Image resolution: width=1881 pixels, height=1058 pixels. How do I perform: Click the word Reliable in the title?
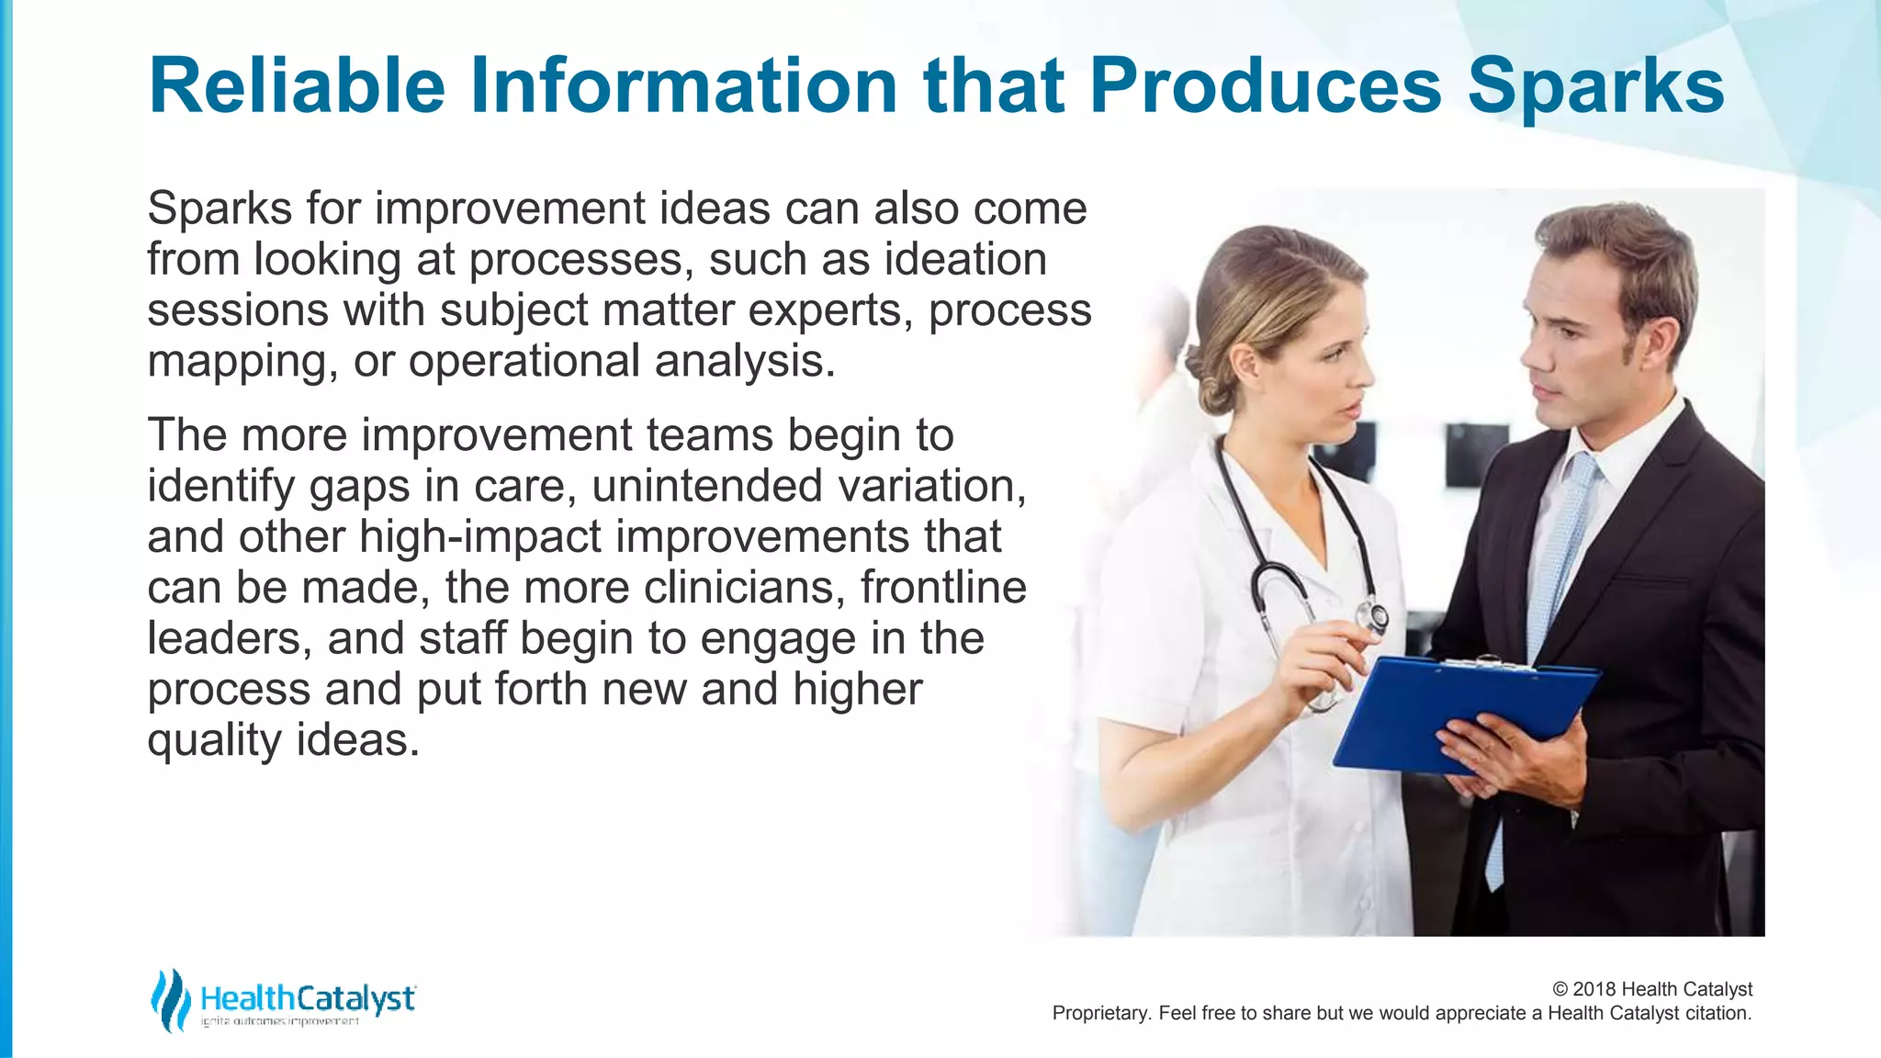coord(297,85)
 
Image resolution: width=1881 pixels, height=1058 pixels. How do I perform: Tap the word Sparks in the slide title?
coord(1595,85)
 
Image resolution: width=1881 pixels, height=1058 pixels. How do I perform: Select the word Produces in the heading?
coord(1265,85)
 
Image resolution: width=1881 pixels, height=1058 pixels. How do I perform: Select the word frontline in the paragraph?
coord(943,588)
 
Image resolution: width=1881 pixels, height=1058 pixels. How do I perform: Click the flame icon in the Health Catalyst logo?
coord(170,1000)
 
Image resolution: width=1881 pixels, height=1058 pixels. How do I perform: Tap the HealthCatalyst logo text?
coord(308,998)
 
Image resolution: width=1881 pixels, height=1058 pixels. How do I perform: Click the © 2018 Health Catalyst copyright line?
coord(1651,989)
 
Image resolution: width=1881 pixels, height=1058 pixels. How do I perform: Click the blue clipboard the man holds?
coord(1460,712)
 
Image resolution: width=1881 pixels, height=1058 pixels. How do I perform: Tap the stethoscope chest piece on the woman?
coord(1375,617)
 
